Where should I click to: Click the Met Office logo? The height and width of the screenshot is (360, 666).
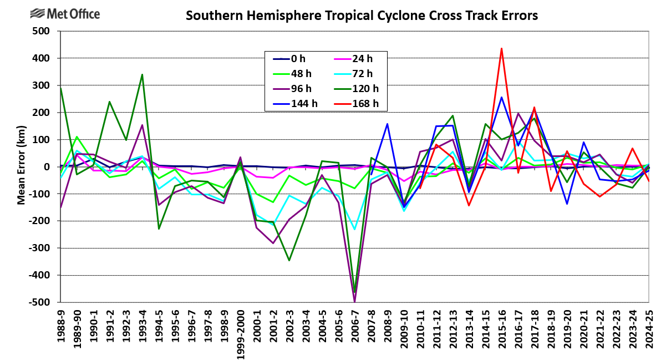[65, 13]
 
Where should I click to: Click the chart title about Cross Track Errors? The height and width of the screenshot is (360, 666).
[362, 16]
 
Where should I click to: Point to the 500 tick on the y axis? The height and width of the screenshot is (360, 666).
[42, 31]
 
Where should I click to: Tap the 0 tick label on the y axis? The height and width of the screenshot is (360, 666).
[47, 167]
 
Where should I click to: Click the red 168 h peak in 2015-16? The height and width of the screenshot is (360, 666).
[501, 48]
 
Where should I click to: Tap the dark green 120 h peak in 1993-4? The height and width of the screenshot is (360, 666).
[143, 74]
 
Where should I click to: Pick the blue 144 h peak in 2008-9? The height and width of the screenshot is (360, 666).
[387, 124]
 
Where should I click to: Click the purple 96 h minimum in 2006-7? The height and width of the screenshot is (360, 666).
[354, 302]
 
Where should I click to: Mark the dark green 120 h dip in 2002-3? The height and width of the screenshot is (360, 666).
[289, 260]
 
